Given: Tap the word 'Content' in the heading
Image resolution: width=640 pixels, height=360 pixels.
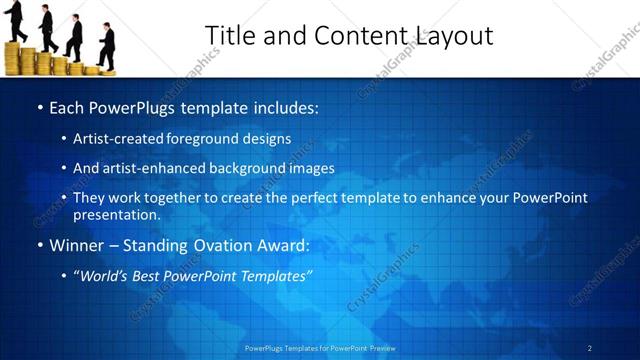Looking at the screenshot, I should coord(356,35).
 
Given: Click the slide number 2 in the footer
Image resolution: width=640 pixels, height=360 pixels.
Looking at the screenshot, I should coord(590,348).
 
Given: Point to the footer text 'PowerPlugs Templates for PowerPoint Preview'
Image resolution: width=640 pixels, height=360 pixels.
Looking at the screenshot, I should coord(320,348).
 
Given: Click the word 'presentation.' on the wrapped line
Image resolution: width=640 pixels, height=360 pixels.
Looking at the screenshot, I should coord(117,214).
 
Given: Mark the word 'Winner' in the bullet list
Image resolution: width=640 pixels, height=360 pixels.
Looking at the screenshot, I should coord(75,244).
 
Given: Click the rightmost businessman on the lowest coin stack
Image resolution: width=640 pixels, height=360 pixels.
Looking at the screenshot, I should coord(106,45).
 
